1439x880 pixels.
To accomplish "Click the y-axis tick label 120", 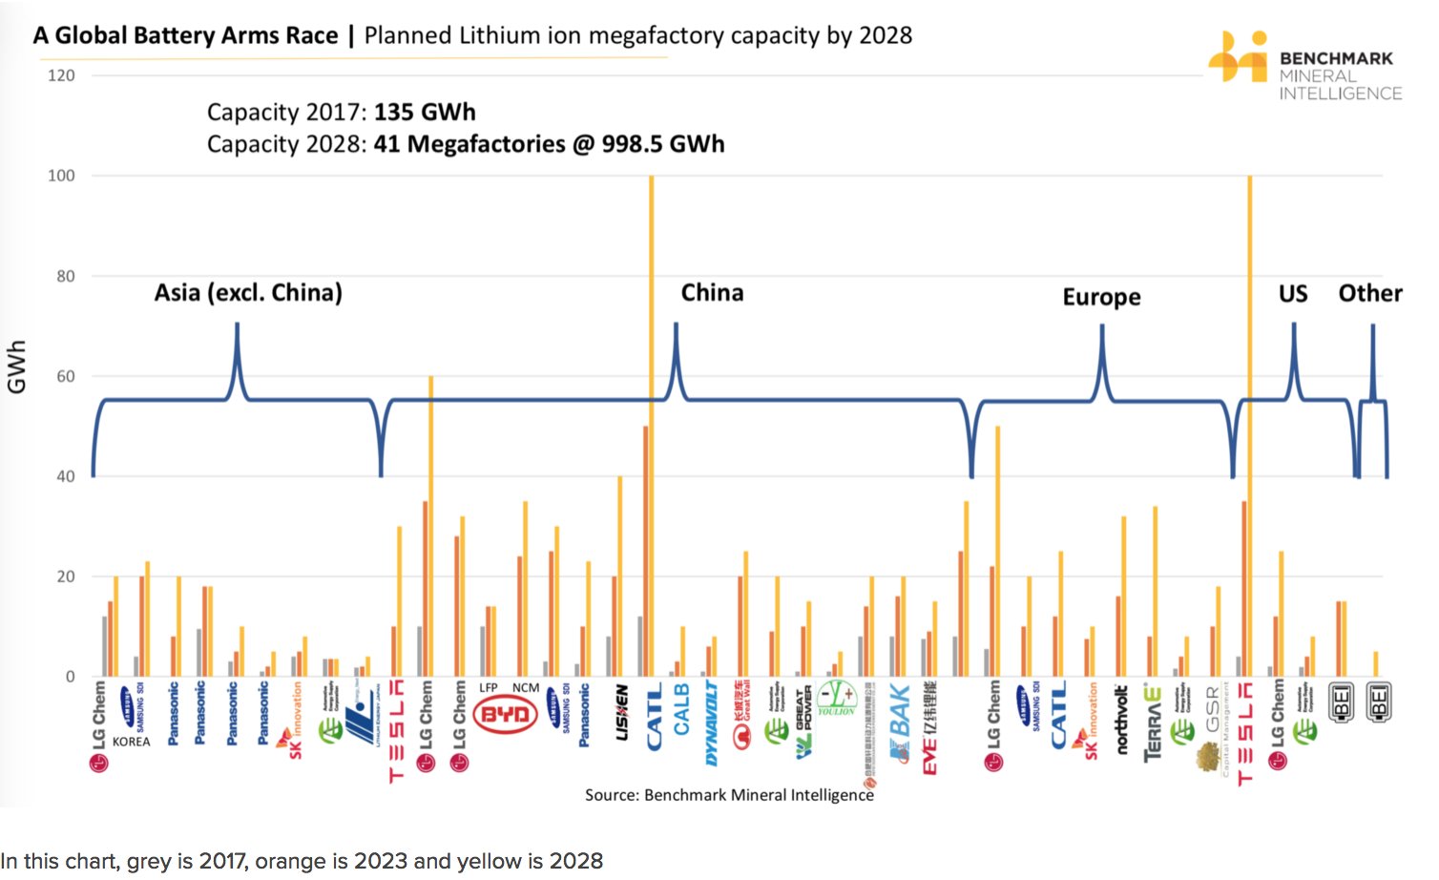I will pyautogui.click(x=61, y=75).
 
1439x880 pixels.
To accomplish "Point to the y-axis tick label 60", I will pyautogui.click(x=64, y=376).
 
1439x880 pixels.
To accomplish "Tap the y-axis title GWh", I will pyautogui.click(x=17, y=367).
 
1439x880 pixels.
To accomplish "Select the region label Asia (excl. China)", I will pyautogui.click(x=248, y=292).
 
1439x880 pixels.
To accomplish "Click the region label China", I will pyautogui.click(x=712, y=292).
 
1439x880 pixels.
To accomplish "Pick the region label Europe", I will pyautogui.click(x=1101, y=297).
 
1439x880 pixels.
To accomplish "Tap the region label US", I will pyautogui.click(x=1293, y=293).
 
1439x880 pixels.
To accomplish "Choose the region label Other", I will pyautogui.click(x=1370, y=293).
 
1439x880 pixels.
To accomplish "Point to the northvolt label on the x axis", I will pyautogui.click(x=1122, y=720).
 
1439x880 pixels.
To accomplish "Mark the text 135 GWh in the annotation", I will pyautogui.click(x=425, y=112).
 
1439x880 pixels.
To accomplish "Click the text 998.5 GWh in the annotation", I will pyautogui.click(x=662, y=144).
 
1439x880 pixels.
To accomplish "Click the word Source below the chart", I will pyautogui.click(x=611, y=795).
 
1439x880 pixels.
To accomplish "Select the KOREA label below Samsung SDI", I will pyautogui.click(x=131, y=742).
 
